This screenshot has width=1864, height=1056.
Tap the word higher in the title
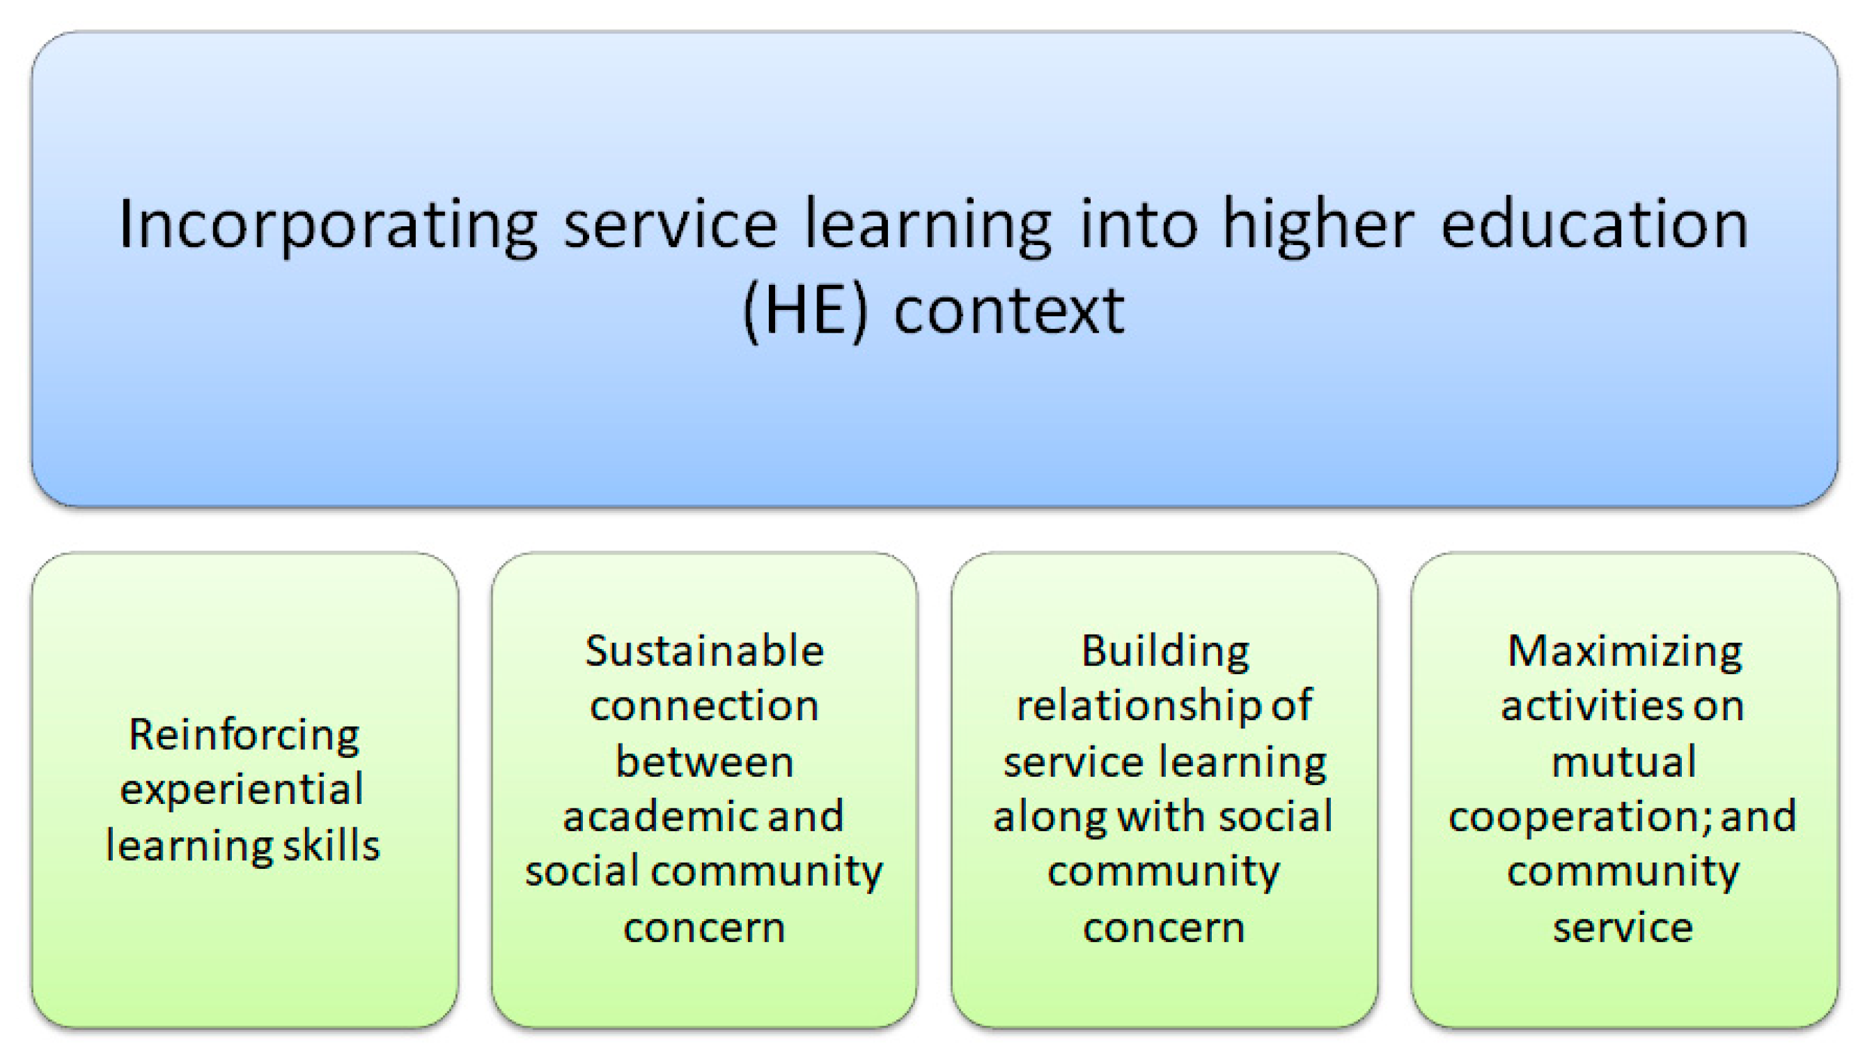pos(1318,226)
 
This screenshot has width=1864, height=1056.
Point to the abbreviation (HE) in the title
pos(805,312)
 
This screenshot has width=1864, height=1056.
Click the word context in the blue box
pos(1008,312)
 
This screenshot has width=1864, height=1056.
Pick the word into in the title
pos(1138,226)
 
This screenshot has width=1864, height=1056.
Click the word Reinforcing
pos(244,735)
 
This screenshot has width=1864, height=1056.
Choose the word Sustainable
pos(705,651)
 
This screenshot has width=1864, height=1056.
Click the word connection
pos(705,706)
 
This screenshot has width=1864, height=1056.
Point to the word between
pos(705,762)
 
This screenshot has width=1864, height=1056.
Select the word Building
pos(1165,651)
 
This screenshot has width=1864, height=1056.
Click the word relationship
pos(1139,706)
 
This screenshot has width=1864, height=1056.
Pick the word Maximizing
pos(1625,651)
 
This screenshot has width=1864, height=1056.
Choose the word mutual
pos(1623,762)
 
